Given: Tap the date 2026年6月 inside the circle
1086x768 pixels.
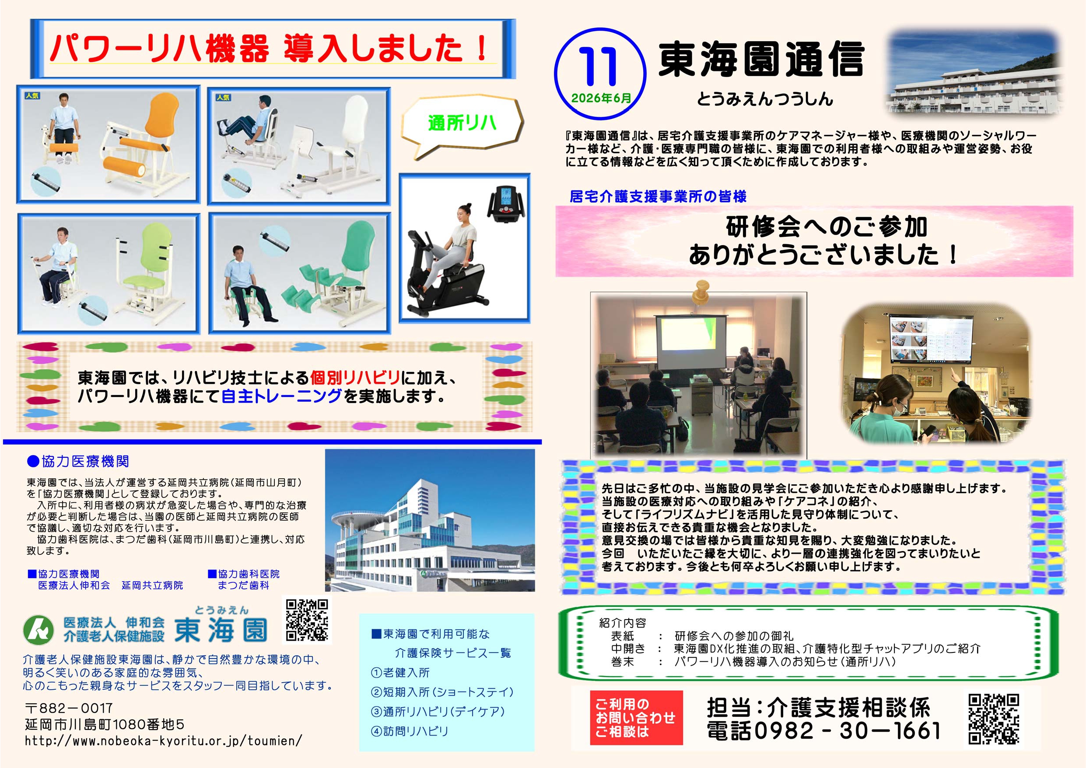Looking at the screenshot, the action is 601,98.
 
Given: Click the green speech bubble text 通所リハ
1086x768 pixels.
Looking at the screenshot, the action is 462,123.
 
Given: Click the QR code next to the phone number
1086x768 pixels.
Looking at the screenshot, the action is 993,719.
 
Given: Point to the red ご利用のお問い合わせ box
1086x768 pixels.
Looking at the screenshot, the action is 636,717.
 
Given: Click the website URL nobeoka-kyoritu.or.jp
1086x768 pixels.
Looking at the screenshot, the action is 163,740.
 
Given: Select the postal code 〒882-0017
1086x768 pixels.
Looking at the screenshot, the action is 69,708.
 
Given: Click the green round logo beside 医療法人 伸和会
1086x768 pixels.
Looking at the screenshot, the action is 39,630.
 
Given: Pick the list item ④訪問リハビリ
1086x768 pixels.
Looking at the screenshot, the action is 410,731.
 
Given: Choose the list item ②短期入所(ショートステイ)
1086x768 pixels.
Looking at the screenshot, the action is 442,692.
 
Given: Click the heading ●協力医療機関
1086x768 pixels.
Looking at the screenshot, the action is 77,461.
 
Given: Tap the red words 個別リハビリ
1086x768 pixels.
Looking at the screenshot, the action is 355,377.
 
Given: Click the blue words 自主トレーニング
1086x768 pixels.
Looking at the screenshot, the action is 281,396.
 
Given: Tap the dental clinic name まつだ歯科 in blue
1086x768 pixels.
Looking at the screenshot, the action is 243,586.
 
